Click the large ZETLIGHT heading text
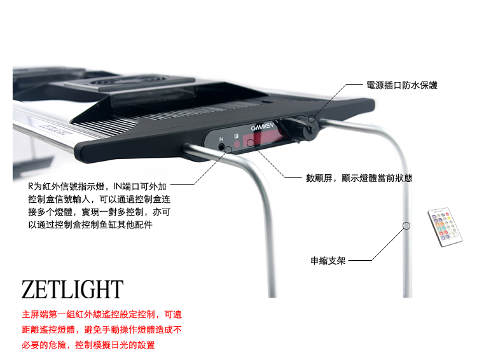point(72,289)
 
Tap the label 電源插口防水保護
point(401,85)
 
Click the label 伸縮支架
point(328,260)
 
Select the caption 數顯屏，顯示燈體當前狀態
point(359,178)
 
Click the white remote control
point(445,226)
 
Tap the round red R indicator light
point(236,144)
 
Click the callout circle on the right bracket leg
point(406,225)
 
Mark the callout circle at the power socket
point(312,119)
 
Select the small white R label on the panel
point(235,135)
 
